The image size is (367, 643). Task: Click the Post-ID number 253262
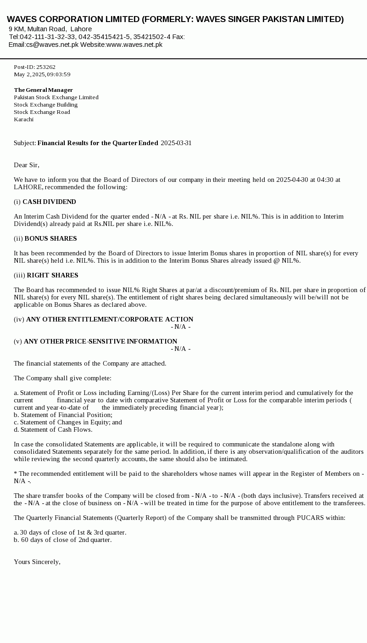pos(46,67)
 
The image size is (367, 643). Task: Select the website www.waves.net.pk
pos(134,45)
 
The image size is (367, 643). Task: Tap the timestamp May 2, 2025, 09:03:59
pos(42,74)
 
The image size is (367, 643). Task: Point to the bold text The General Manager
pos(43,90)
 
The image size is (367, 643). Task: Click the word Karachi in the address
pos(24,119)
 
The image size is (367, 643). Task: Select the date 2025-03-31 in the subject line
pos(176,143)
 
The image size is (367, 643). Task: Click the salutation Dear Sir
pos(27,165)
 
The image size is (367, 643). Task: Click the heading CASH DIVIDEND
pos(49,202)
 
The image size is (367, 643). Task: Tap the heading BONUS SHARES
pos(50,238)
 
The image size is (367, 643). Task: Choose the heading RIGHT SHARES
pos(52,275)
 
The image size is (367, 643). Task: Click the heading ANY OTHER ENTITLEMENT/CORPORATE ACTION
pos(110,319)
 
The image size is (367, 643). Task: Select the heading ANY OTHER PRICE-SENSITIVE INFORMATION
pos(100,341)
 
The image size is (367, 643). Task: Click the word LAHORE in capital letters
pos(28,187)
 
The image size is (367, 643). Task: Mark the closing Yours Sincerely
pos(37,562)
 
